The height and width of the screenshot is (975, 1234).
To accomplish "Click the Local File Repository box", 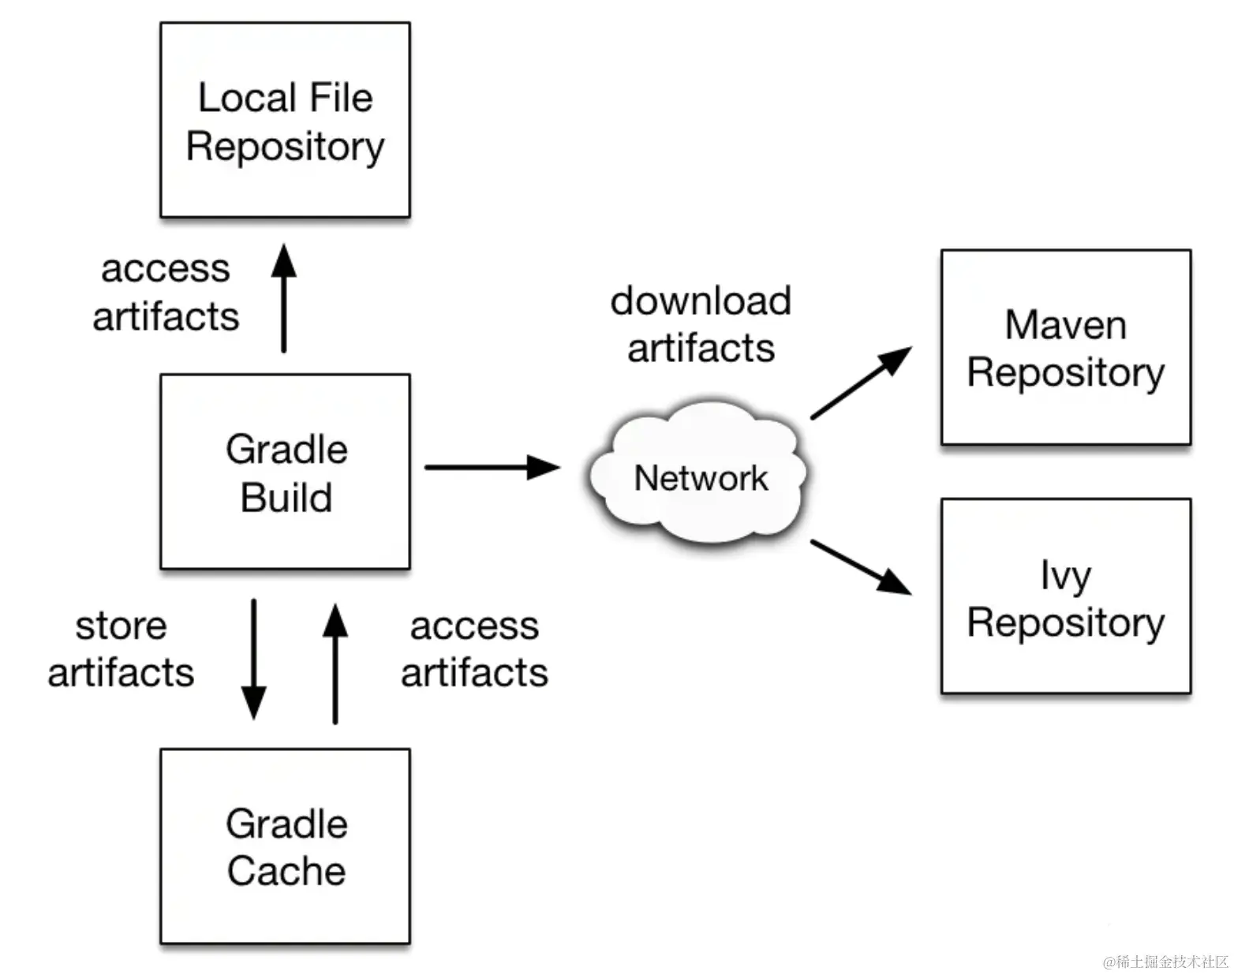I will point(285,120).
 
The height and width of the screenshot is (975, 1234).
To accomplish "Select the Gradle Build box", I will point(285,472).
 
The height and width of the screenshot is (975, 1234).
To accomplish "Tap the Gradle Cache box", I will point(285,846).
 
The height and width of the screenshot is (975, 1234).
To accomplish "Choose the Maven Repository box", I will point(1065,347).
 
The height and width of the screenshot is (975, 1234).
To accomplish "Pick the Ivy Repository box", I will point(1065,596).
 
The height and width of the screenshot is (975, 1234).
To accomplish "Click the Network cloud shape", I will point(699,473).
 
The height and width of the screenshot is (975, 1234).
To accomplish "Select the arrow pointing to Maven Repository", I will point(860,383).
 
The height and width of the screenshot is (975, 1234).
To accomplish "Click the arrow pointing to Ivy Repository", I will point(860,566).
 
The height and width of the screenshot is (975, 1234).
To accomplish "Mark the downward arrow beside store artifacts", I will point(253,659).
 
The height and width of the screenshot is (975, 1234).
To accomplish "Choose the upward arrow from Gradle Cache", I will point(335,663).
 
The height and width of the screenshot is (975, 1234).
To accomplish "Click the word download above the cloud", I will point(701,301).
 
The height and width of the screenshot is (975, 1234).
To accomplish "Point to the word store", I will point(121,626).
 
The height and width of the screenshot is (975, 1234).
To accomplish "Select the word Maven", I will point(1065,325).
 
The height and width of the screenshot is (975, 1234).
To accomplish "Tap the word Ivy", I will point(1065,576).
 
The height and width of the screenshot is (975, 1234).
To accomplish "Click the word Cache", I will point(286,871).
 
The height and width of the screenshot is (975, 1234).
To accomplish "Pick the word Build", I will point(286,498).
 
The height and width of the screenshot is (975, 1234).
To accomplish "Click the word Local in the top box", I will point(246,98).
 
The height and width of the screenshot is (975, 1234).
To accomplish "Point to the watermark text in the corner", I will point(1165,962).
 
